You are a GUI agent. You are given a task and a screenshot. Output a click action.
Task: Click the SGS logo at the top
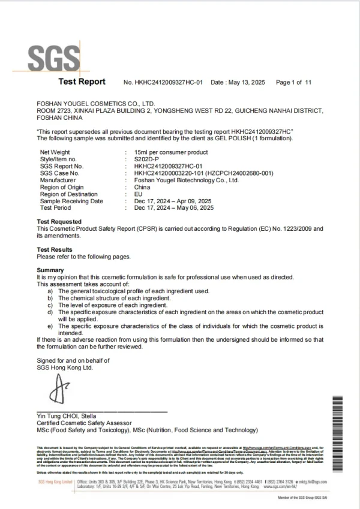(x=54, y=58)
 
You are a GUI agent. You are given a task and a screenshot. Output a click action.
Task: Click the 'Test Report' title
(x=82, y=82)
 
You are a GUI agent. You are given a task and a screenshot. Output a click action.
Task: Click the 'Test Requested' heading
(x=59, y=222)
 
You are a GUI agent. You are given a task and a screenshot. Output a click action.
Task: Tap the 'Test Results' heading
(x=55, y=249)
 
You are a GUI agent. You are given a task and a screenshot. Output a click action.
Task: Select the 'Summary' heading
(x=50, y=270)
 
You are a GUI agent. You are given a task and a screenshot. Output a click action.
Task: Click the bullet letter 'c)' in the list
(x=51, y=305)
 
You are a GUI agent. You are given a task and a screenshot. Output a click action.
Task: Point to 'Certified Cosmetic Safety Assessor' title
(x=85, y=423)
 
